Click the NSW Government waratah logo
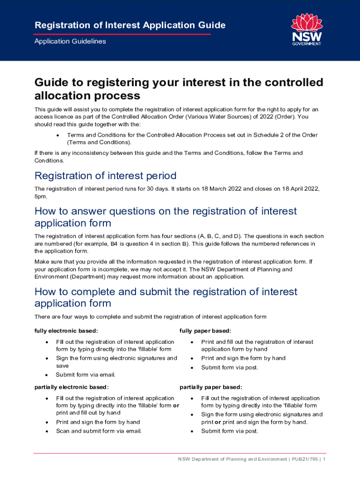click(x=306, y=29)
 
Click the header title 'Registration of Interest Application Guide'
click(x=130, y=25)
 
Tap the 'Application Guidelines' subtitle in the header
click(x=70, y=41)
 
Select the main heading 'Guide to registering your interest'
click(x=179, y=89)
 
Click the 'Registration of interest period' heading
click(x=105, y=176)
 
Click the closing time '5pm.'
click(x=41, y=196)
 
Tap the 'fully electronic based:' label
click(x=66, y=331)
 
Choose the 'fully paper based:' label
click(x=205, y=331)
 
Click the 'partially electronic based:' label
click(x=72, y=387)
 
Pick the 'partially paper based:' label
click(x=211, y=387)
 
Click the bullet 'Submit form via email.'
click(x=86, y=375)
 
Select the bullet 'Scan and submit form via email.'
click(x=99, y=431)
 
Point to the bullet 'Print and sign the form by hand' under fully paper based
click(x=243, y=358)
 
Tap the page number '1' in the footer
click(x=324, y=459)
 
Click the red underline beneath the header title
click(x=122, y=34)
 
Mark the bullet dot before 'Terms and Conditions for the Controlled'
click(x=57, y=135)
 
